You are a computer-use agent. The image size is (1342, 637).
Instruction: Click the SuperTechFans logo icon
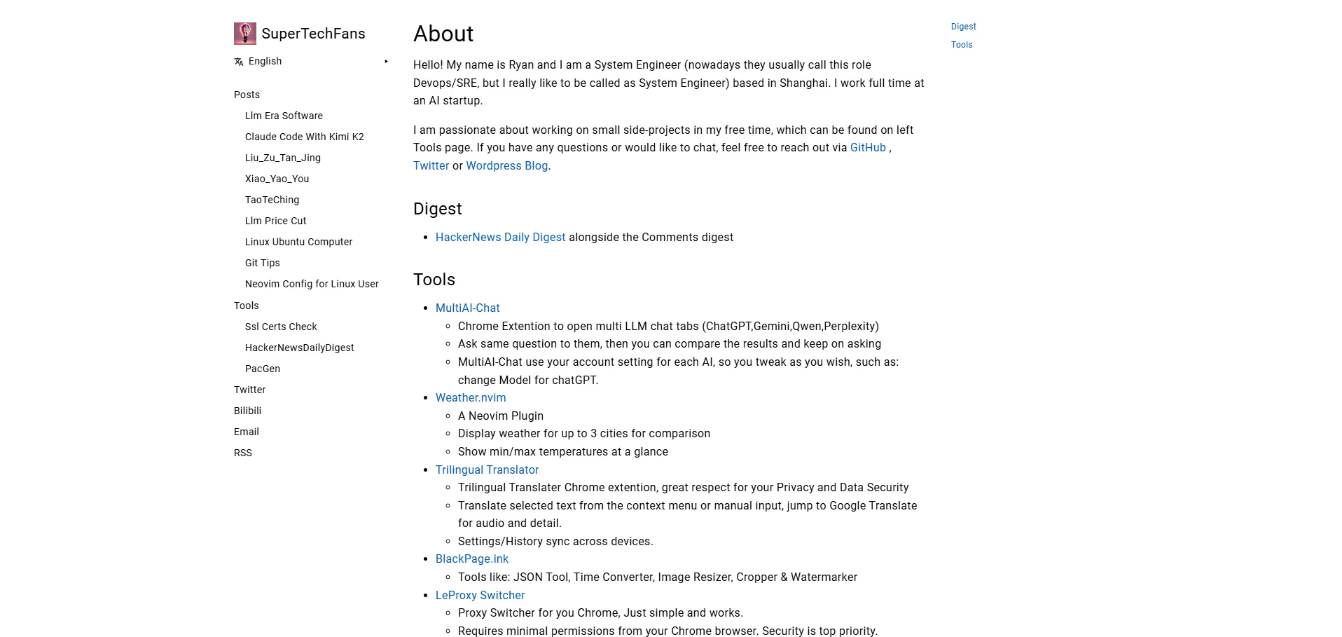click(244, 34)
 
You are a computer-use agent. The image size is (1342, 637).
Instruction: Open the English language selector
click(265, 62)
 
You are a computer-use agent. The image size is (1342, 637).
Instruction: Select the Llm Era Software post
click(284, 116)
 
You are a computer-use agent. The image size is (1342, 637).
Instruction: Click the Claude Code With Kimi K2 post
click(304, 137)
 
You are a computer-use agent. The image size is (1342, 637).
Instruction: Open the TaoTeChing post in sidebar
click(272, 200)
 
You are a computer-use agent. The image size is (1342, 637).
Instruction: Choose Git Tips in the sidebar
click(262, 263)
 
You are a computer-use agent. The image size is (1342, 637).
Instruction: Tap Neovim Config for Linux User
click(312, 284)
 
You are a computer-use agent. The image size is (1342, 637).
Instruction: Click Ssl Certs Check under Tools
click(281, 327)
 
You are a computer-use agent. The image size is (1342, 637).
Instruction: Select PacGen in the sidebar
click(262, 369)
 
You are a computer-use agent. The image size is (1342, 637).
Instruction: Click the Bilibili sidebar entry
click(247, 411)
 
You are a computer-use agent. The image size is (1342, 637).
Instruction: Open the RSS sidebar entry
click(242, 453)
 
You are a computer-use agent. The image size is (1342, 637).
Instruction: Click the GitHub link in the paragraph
click(868, 148)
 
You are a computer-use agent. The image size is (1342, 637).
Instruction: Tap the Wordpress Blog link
click(506, 166)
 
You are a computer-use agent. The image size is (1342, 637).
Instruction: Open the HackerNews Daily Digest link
click(500, 238)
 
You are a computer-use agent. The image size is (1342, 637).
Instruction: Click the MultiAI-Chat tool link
click(467, 308)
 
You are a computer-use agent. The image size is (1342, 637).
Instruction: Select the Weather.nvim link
click(470, 398)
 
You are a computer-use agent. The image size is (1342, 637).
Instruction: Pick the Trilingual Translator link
click(487, 470)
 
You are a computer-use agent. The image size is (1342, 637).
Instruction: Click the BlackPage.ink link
click(471, 559)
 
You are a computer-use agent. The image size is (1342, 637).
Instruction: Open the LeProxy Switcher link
click(480, 596)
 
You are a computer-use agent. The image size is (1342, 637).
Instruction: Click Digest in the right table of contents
click(963, 27)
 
